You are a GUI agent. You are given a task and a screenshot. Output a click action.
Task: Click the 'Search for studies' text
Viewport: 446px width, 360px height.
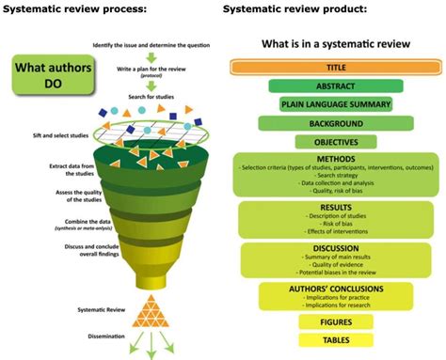coord(151,101)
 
